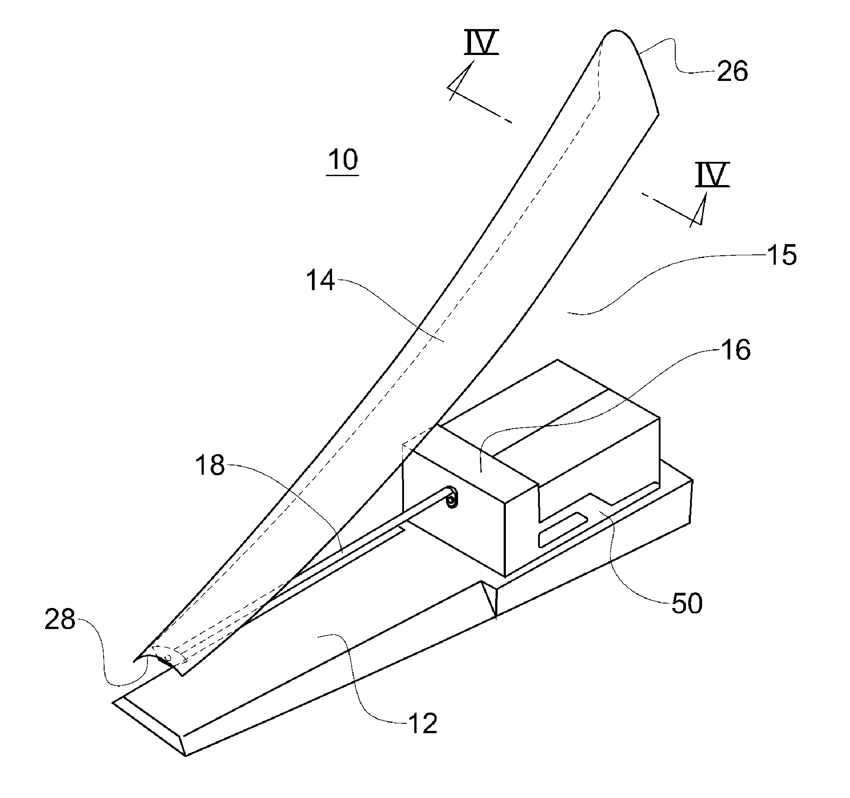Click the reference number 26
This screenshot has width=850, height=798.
click(x=732, y=72)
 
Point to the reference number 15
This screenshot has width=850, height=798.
click(x=781, y=255)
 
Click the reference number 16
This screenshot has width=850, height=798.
click(x=736, y=350)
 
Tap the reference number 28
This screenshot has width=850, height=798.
click(x=60, y=620)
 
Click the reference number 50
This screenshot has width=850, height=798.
click(x=687, y=603)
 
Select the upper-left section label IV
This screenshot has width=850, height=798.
click(x=481, y=43)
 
